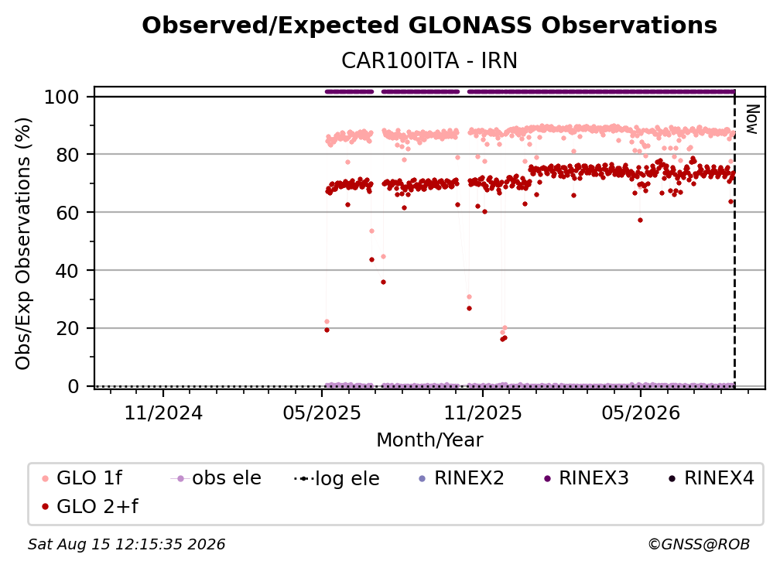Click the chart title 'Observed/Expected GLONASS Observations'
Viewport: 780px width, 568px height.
click(429, 26)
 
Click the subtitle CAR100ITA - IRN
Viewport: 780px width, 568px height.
click(429, 60)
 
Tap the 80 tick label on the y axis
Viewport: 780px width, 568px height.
click(67, 155)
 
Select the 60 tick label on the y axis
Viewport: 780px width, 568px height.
click(67, 212)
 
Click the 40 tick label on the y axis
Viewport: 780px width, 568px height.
click(67, 271)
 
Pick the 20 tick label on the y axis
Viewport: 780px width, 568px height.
click(67, 328)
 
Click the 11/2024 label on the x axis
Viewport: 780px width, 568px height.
click(163, 412)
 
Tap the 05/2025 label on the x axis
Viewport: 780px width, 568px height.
click(322, 412)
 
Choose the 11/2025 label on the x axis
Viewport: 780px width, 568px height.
click(483, 412)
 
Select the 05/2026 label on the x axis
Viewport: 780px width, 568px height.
click(641, 412)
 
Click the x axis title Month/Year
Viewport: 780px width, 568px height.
click(429, 440)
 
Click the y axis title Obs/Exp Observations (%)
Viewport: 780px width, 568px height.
click(23, 244)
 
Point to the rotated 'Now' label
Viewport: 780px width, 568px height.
click(752, 119)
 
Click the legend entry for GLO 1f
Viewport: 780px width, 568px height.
click(82, 478)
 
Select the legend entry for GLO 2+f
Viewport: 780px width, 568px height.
click(90, 506)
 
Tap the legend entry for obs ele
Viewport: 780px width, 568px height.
click(216, 478)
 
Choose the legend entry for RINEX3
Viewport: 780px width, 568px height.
click(587, 478)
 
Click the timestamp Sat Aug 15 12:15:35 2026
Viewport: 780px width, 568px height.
click(126, 544)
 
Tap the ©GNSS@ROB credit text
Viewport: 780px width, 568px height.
click(699, 544)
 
